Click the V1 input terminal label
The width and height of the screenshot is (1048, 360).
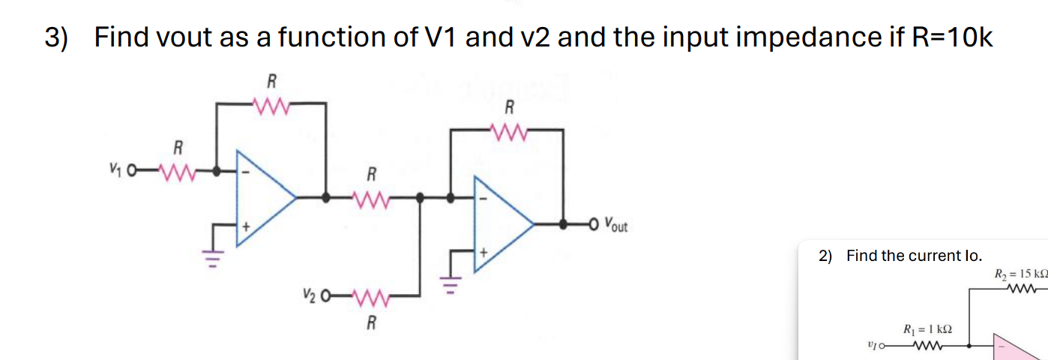pos(115,171)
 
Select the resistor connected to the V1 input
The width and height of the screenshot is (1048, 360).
pos(178,171)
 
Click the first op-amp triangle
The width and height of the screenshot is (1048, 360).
pos(262,198)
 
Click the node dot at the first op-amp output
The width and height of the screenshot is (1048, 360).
pos(326,198)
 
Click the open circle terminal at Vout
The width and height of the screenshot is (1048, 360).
pos(595,223)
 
